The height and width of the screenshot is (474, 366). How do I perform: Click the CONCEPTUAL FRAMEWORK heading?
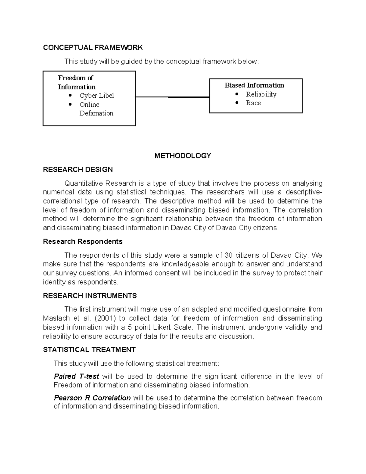coord(93,47)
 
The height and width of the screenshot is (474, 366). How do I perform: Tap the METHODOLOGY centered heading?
coord(183,156)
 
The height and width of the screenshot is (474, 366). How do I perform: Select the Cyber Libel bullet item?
coord(96,96)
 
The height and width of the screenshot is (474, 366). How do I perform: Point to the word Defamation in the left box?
coord(96,113)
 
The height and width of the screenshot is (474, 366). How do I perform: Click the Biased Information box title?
coord(254,85)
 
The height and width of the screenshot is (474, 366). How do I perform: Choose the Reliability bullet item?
coord(261,94)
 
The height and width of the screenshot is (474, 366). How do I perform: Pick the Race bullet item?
coord(253,103)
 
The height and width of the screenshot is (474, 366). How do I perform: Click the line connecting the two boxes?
coord(172,97)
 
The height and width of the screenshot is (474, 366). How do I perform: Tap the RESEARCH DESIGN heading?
coord(78,169)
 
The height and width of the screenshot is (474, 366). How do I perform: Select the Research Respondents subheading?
coord(83,241)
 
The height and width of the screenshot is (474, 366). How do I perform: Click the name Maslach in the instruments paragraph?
coord(57,318)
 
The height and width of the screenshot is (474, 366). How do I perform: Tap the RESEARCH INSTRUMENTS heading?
coord(90,296)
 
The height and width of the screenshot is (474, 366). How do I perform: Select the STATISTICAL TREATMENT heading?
coord(89,349)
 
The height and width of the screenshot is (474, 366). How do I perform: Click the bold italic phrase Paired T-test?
coord(76,376)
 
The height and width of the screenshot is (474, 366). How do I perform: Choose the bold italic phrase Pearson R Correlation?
coord(92,398)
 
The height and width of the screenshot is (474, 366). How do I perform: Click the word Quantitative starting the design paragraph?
coord(84,183)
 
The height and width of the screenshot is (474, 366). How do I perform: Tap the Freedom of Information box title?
coord(77,82)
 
